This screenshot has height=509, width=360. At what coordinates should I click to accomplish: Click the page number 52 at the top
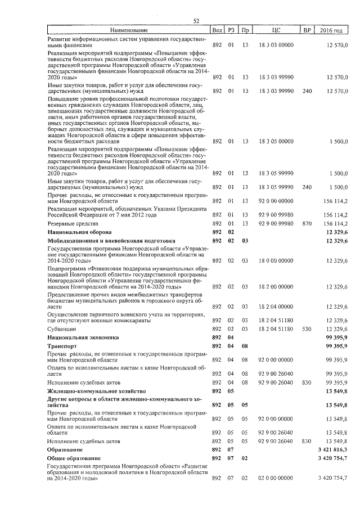(196, 21)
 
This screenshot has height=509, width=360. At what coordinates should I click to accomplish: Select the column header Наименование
(128, 29)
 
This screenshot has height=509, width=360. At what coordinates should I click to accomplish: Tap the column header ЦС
(276, 29)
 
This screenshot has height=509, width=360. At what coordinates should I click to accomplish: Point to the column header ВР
(307, 29)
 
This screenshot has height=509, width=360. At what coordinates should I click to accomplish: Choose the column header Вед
(217, 29)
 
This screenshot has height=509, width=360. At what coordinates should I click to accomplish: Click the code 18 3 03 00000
(276, 44)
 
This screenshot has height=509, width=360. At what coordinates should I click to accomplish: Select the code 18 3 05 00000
(276, 142)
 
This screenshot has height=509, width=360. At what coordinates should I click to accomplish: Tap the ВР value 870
(307, 223)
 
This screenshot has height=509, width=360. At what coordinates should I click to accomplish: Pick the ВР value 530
(307, 328)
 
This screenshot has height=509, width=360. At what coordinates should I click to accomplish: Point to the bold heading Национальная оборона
(79, 232)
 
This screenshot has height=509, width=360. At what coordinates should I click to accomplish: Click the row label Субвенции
(61, 328)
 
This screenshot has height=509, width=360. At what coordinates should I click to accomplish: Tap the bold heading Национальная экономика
(83, 337)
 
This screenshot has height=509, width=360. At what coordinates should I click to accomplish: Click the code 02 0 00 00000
(276, 478)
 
